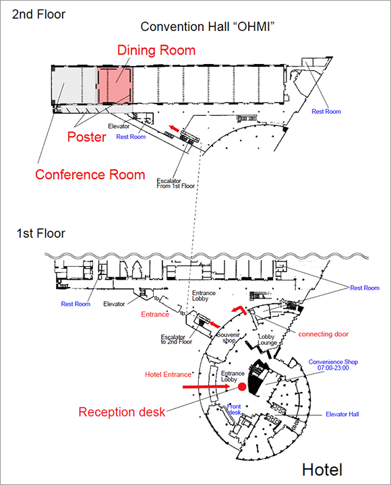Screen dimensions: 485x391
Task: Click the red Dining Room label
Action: click(156, 51)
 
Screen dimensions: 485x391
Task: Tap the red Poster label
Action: click(86, 137)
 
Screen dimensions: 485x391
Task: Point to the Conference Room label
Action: click(90, 174)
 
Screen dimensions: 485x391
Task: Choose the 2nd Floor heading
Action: click(40, 13)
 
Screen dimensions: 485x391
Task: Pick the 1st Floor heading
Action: click(41, 234)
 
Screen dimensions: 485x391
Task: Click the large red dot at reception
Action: click(241, 387)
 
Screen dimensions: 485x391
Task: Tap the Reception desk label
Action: click(122, 412)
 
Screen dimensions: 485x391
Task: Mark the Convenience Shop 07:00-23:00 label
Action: click(333, 366)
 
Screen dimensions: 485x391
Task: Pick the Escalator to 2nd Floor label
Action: click(177, 339)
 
